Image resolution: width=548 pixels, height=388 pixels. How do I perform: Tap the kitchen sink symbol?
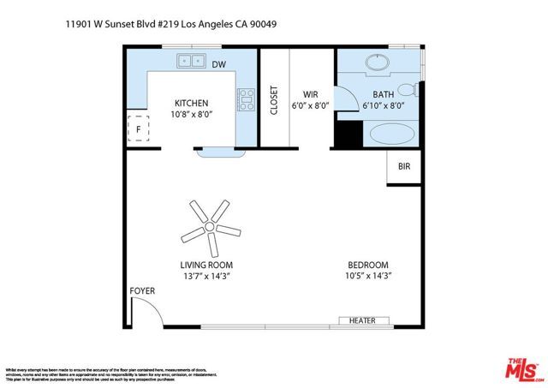click(x=191, y=61)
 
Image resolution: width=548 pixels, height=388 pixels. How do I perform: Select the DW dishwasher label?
click(x=219, y=64)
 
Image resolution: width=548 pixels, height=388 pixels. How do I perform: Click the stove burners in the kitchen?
click(x=247, y=99)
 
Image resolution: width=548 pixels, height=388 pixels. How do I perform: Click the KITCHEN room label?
click(x=191, y=103)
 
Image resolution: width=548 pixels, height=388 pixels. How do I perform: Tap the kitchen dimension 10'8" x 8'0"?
click(x=191, y=114)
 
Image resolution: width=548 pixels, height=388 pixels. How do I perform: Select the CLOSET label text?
click(x=274, y=100)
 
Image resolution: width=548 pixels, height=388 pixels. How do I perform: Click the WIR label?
click(x=310, y=94)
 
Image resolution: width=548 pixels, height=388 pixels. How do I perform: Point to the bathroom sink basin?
click(x=377, y=63)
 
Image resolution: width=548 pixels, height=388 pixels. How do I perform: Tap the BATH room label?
click(x=383, y=94)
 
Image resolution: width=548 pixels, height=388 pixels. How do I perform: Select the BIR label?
click(x=404, y=167)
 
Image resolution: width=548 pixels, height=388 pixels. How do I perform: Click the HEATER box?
click(x=363, y=320)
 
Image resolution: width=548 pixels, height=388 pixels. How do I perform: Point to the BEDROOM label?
click(x=368, y=265)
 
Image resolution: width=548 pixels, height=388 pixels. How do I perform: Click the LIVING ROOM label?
click(x=206, y=265)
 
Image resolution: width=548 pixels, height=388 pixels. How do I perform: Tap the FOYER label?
click(x=142, y=291)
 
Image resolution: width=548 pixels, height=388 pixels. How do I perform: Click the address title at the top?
click(x=170, y=24)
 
